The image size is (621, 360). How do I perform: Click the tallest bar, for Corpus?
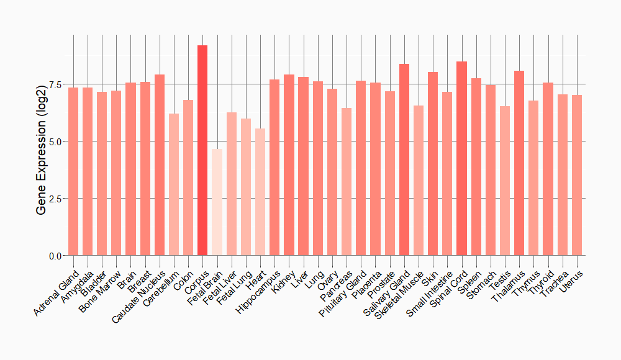point(202,150)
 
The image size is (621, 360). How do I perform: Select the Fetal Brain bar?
point(217,202)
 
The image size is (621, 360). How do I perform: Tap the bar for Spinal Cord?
point(461,158)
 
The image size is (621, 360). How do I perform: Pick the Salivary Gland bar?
point(404,160)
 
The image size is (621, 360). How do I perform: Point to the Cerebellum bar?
point(174,184)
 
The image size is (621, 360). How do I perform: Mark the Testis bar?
point(505,181)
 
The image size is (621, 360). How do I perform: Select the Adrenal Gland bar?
point(73,171)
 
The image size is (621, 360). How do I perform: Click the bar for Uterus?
point(577,175)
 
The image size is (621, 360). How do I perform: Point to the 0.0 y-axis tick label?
point(55,256)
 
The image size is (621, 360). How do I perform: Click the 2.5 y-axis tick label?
point(55,199)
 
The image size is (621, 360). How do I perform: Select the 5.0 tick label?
point(55,142)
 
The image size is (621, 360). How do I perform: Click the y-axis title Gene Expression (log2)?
point(42,146)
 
